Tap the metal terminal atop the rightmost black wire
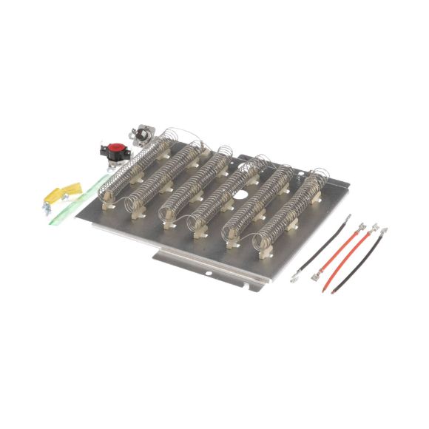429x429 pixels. click(x=384, y=232)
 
